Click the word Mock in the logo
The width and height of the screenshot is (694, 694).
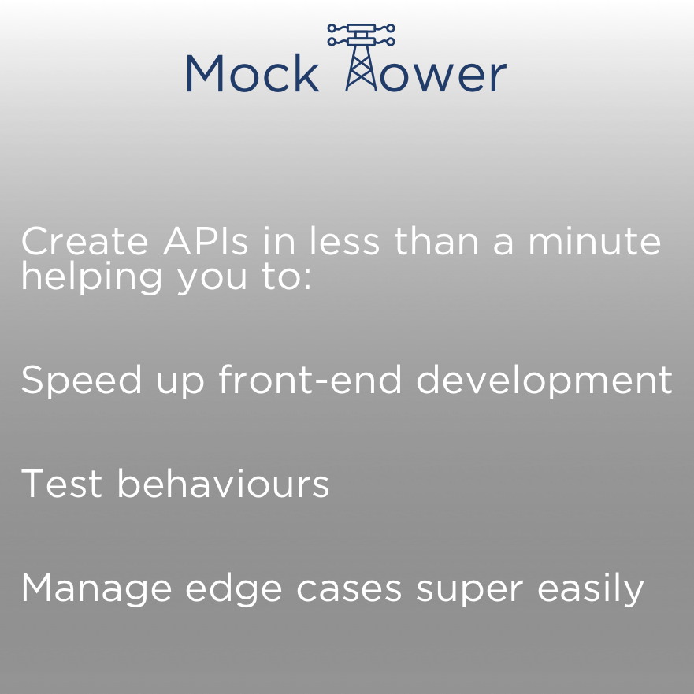click(x=252, y=73)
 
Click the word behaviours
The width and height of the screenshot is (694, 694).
click(x=223, y=483)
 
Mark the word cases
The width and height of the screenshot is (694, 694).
click(x=351, y=589)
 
